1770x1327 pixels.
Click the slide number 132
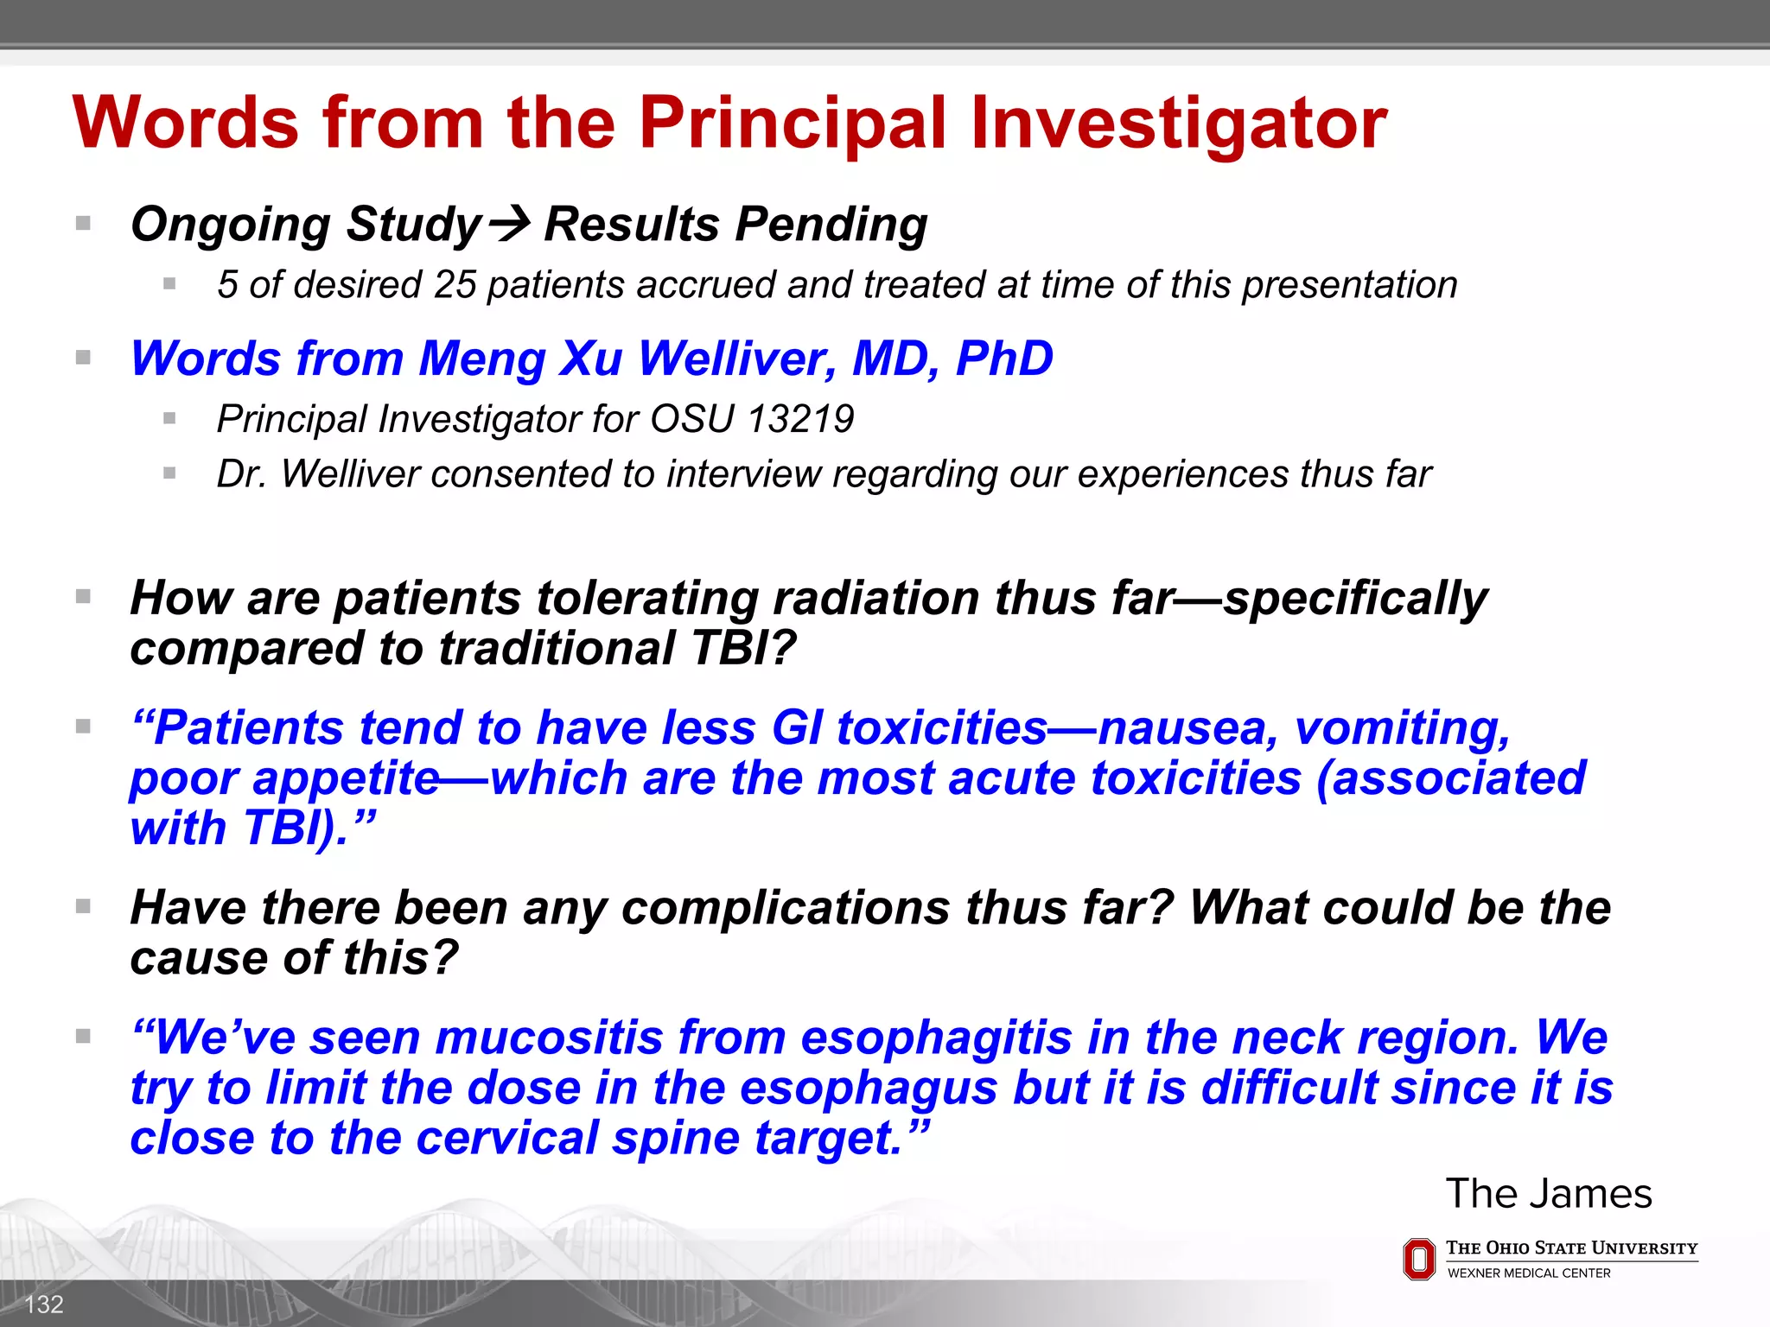point(44,1304)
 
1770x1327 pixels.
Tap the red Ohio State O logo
point(1419,1259)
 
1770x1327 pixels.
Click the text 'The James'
point(1548,1194)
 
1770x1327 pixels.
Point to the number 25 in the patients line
point(455,285)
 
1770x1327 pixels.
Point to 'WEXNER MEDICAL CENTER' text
point(1529,1273)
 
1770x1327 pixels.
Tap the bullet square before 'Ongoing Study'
point(83,224)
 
